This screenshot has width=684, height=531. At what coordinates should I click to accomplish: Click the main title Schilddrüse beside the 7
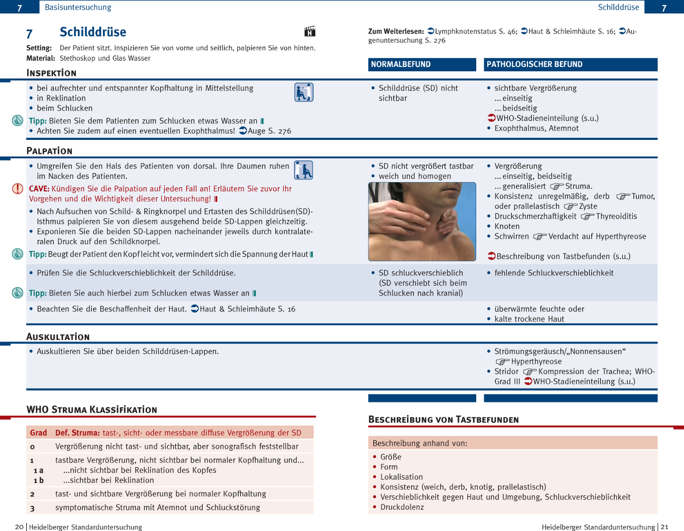93,32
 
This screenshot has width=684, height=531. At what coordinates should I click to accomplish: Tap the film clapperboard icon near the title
310,32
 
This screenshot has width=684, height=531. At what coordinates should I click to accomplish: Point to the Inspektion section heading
52,73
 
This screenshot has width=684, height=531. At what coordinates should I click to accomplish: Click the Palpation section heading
50,151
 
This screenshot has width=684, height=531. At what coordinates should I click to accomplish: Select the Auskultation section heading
58,337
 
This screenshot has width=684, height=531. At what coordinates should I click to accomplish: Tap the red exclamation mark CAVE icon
17,189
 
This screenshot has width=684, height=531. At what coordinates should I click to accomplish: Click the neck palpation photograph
422,222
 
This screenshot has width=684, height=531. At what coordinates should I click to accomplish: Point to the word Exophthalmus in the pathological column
517,128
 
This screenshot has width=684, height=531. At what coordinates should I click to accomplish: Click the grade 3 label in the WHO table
32,508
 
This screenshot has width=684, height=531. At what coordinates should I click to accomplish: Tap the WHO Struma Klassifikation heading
92,410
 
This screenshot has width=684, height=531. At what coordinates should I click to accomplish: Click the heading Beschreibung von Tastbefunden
443,420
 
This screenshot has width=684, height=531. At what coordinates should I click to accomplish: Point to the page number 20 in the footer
19,527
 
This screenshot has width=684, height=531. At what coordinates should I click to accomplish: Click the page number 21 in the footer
665,527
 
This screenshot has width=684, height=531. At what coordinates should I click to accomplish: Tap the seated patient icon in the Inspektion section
304,92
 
